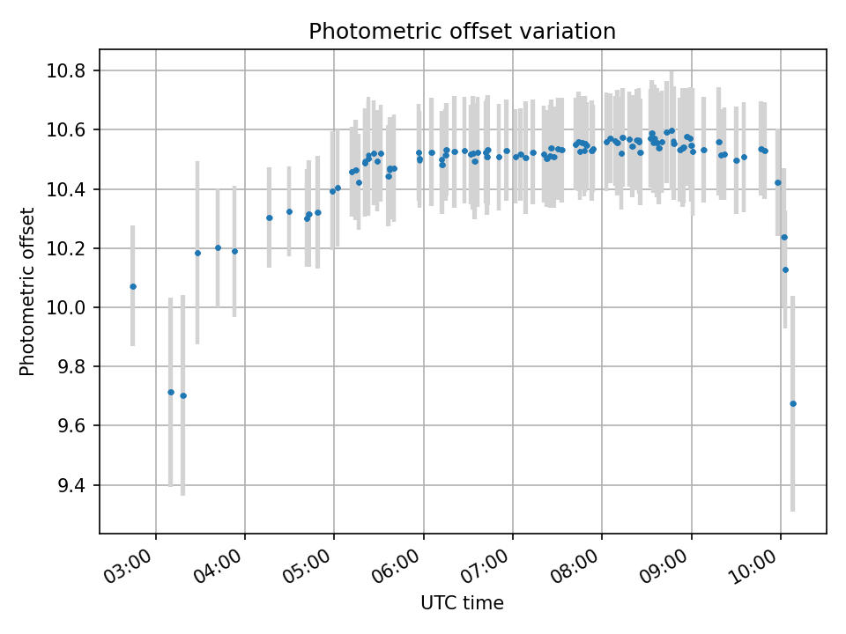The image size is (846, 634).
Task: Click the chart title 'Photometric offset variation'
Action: click(x=462, y=32)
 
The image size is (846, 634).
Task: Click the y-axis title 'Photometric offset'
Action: click(x=27, y=291)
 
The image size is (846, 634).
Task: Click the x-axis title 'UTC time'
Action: click(x=462, y=603)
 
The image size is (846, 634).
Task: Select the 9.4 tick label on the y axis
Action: click(x=77, y=486)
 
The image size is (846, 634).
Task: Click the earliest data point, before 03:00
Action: click(x=133, y=286)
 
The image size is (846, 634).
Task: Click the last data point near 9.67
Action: click(x=793, y=403)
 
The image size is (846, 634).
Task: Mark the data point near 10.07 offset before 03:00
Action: click(x=133, y=286)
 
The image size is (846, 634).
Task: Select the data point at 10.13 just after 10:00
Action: click(x=785, y=269)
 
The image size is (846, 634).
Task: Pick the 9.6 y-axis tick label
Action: click(x=77, y=427)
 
